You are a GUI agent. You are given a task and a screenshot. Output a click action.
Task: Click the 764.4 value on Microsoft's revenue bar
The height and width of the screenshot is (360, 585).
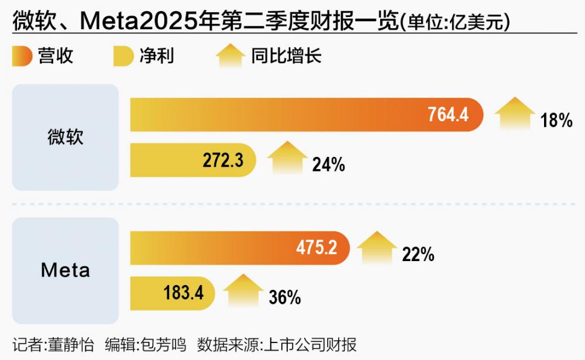point(448,114)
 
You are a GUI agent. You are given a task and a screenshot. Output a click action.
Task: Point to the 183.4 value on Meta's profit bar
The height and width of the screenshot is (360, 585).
point(184,292)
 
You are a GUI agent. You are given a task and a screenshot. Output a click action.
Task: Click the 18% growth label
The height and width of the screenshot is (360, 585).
point(556,121)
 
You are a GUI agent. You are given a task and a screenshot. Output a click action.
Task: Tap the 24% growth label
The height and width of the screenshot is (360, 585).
point(328,165)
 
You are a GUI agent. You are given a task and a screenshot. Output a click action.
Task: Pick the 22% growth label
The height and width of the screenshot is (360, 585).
point(418,254)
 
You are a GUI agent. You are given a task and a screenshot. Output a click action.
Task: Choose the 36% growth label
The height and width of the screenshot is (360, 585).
point(285,297)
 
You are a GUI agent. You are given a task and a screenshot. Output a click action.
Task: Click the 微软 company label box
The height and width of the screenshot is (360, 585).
point(66,137)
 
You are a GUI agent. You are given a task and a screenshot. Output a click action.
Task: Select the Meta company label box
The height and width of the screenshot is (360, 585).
point(66,270)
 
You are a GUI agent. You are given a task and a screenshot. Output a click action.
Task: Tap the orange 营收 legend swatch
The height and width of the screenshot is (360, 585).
point(22,56)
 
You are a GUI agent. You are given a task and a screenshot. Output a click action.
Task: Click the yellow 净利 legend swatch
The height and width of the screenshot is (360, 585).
point(123,56)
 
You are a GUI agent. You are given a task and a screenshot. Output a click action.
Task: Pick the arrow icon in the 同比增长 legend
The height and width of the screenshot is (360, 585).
point(230,57)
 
